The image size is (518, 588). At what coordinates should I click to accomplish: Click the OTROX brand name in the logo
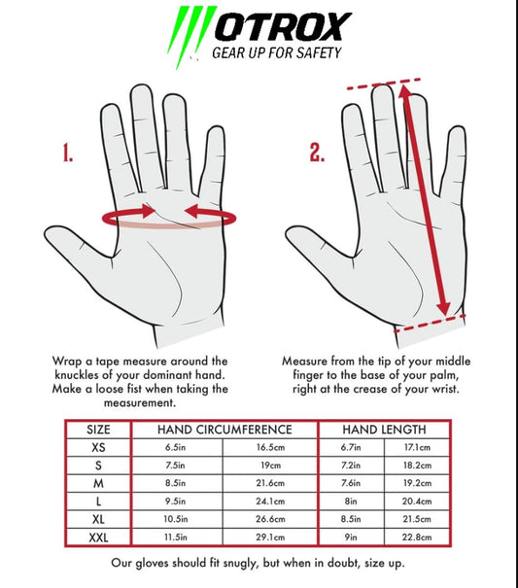(283, 26)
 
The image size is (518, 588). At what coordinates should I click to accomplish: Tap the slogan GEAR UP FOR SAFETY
(277, 52)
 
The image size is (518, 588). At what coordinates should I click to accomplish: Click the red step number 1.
(67, 153)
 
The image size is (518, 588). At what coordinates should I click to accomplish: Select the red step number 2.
(317, 153)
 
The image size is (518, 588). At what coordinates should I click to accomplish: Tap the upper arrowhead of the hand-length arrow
(404, 92)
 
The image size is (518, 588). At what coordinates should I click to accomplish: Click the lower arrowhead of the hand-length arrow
(444, 307)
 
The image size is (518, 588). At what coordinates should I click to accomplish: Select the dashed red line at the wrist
(430, 324)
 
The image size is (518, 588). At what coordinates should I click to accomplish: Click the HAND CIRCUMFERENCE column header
(224, 430)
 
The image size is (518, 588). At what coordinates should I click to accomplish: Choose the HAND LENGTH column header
(385, 430)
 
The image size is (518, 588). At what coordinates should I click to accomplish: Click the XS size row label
(98, 447)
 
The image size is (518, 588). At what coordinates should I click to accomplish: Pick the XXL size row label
(98, 537)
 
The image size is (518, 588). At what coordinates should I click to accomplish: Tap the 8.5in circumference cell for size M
(175, 483)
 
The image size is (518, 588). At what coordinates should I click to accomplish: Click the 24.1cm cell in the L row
(270, 501)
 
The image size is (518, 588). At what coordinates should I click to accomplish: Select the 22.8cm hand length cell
(417, 537)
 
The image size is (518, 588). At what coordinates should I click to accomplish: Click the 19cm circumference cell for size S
(270, 466)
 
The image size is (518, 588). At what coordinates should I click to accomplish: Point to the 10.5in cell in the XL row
(175, 519)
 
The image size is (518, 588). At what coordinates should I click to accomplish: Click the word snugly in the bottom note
(240, 564)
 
